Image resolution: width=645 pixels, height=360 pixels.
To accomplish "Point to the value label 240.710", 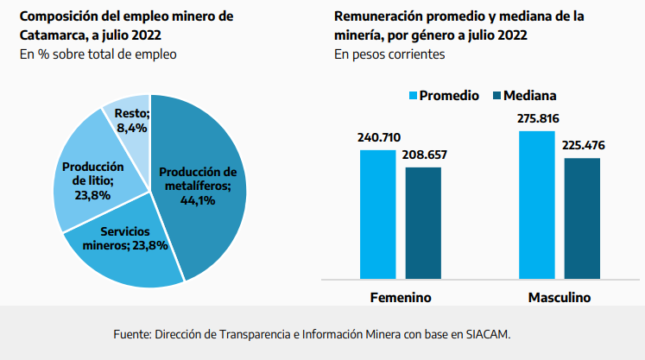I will coord(378,137).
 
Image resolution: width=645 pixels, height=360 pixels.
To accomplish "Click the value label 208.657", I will coord(424,155).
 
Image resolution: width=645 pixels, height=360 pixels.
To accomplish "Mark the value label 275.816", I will coord(536,118).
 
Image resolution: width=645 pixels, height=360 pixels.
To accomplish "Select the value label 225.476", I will coord(583,145).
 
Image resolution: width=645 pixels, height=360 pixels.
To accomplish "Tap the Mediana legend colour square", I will coord(496,95).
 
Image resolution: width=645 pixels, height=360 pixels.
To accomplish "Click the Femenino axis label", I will coord(401,297).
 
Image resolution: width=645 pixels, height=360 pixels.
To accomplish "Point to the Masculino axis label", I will coord(559,297).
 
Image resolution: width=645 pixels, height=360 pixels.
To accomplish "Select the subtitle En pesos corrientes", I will coord(389,54).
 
